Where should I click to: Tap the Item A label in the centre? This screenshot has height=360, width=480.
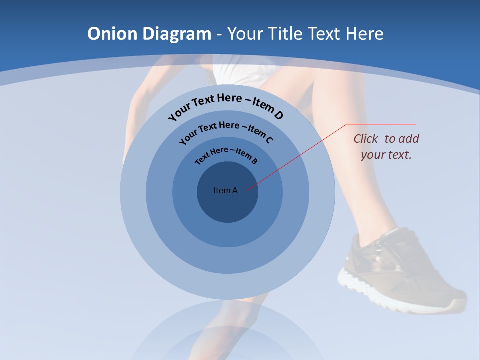coord(225,190)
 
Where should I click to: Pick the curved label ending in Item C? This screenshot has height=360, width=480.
coord(226,131)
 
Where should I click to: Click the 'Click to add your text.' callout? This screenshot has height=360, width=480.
coord(386,146)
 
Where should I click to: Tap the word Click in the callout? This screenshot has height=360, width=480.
coord(366,139)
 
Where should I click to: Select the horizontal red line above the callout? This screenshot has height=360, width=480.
coord(381,124)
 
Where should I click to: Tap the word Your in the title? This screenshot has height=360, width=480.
coord(246,34)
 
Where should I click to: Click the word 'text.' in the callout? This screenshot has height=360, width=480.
coord(400,155)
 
